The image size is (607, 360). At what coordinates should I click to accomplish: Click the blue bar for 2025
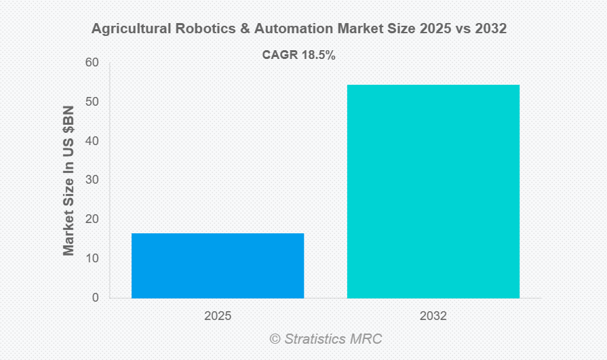pos(218,265)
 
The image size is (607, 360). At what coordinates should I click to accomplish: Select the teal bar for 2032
pos(433,191)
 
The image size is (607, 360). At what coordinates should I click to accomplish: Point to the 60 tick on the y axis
pos(92,63)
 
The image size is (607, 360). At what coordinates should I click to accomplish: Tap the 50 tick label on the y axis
pos(92,102)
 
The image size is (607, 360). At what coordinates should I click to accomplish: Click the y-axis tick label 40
pos(92,141)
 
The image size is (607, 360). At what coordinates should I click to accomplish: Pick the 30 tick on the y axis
pos(92,180)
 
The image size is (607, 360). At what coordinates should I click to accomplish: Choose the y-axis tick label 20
pos(92,220)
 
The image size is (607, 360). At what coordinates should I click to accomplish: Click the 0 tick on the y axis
pos(95,298)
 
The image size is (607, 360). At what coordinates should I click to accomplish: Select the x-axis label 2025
pos(218,316)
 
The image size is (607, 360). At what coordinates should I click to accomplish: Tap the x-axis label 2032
pos(433,316)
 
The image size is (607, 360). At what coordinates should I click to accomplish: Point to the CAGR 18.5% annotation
pos(299,56)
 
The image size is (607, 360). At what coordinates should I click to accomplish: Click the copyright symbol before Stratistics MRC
pos(275,338)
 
